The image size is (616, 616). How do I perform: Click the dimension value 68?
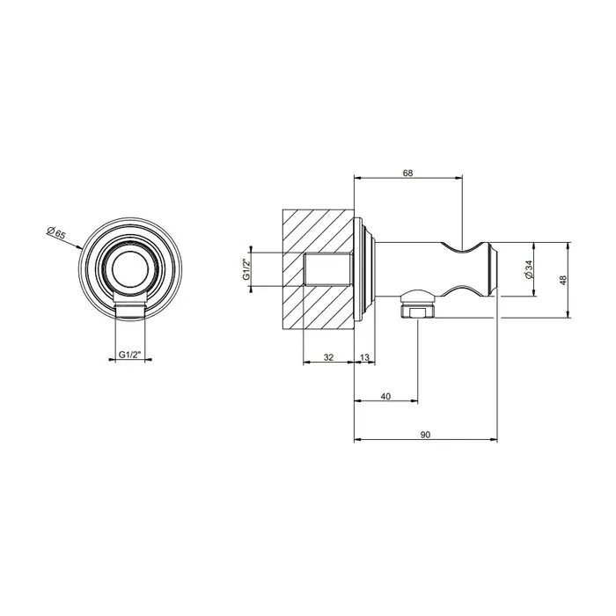408,172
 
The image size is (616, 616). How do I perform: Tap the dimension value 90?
425,435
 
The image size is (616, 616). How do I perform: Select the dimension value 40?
385,396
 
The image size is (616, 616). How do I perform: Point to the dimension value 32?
328,357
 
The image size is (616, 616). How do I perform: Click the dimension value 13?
364,357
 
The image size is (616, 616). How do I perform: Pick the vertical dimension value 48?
563,280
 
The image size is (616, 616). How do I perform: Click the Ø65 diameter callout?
55,233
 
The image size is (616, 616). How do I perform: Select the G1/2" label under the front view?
129,355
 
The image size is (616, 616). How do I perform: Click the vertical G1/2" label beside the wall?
246,269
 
